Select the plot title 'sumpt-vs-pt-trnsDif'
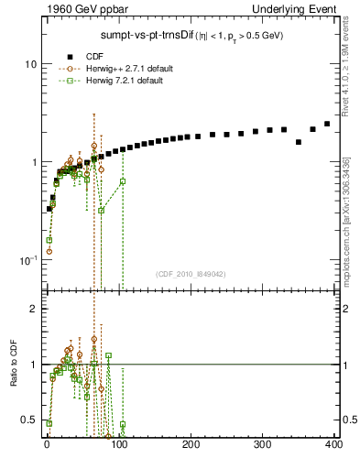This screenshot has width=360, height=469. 146,36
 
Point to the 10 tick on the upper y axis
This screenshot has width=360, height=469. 29,65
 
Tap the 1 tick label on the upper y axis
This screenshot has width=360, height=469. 32,163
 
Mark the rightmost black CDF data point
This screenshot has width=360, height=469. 327,124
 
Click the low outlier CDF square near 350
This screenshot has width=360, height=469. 299,142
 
